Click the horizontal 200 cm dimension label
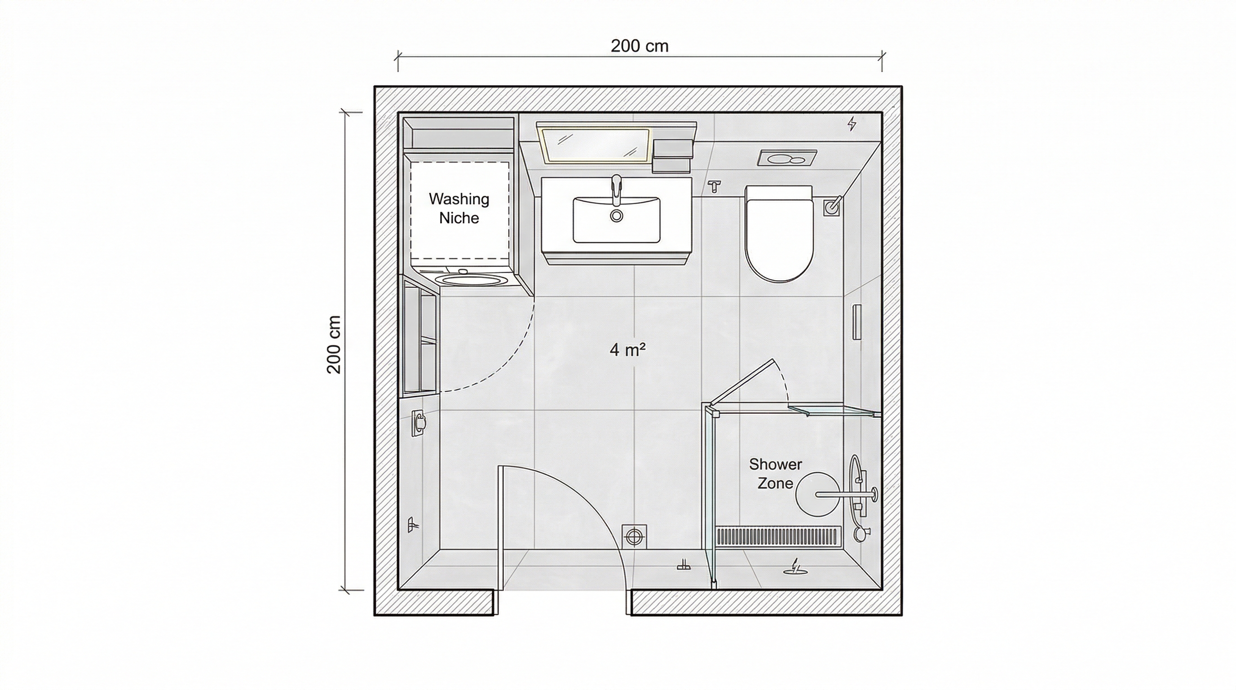point(639,46)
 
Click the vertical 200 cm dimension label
point(334,345)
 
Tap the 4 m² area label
point(627,349)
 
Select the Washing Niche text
point(459,208)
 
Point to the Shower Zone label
point(775,473)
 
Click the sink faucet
point(617,190)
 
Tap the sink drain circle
point(617,216)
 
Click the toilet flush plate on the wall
point(787,158)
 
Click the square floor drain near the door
point(634,536)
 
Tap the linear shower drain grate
point(779,536)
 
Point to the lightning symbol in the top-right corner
point(852,124)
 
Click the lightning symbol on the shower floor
point(795,566)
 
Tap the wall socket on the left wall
point(419,422)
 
